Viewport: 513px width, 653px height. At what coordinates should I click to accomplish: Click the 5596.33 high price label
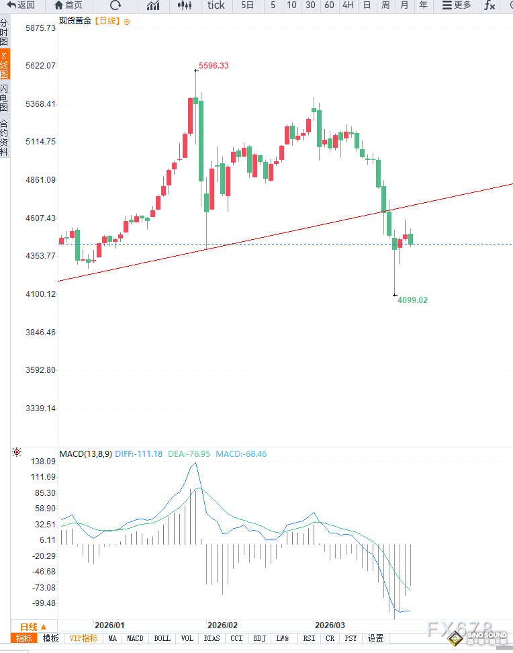point(214,66)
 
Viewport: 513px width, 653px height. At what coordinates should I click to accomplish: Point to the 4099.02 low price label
point(412,300)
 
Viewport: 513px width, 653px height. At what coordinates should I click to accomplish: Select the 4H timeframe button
point(348,5)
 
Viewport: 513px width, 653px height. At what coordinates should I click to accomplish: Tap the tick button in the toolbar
point(216,5)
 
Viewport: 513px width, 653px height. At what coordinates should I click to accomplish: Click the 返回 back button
point(21,5)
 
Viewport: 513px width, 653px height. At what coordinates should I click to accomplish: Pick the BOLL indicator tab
point(162,639)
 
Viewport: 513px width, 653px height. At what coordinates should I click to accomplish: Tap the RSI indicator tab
point(309,639)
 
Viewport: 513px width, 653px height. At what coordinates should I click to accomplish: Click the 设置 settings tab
point(375,639)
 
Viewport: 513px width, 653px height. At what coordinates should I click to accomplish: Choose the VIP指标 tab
point(84,639)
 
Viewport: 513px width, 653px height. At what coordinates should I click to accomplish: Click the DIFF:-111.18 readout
point(139,454)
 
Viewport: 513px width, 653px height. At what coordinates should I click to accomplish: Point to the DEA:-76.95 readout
point(189,454)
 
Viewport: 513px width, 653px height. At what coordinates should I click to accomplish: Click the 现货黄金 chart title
point(75,21)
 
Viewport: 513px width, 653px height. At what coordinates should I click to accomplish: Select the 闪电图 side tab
point(4,98)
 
